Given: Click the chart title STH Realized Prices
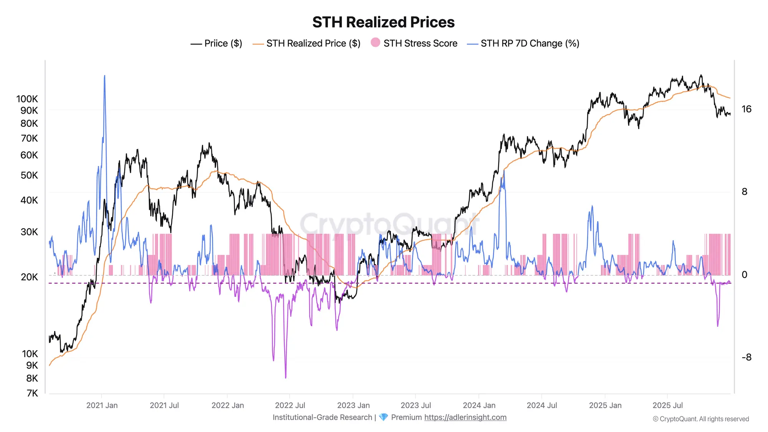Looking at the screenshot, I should pyautogui.click(x=383, y=22).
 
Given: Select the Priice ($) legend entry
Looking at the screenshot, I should pyautogui.click(x=216, y=43).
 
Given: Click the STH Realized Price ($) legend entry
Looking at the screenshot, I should pyautogui.click(x=306, y=43).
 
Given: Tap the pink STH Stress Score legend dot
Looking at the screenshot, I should pyautogui.click(x=375, y=43).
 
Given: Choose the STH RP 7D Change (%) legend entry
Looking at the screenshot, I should pyautogui.click(x=523, y=43).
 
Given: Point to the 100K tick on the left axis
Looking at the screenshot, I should pyautogui.click(x=27, y=99).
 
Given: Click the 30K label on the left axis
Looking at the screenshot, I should pyautogui.click(x=29, y=232).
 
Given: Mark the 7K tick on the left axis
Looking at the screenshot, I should pyautogui.click(x=32, y=393).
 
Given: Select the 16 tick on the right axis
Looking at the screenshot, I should pyautogui.click(x=746, y=109).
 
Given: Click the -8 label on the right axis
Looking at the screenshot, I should pyautogui.click(x=746, y=358).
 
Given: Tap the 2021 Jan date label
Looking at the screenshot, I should pyautogui.click(x=102, y=406).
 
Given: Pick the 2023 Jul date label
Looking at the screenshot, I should pyautogui.click(x=415, y=406).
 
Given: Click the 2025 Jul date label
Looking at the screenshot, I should pyautogui.click(x=667, y=406).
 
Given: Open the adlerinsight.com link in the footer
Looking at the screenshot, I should pyautogui.click(x=465, y=417).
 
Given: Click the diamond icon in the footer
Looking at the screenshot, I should pyautogui.click(x=383, y=417).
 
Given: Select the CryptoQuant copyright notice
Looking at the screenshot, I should pyautogui.click(x=700, y=419).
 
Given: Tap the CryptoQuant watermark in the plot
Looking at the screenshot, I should pyautogui.click(x=389, y=225).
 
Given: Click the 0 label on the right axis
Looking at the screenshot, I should pyautogui.click(x=744, y=275).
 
